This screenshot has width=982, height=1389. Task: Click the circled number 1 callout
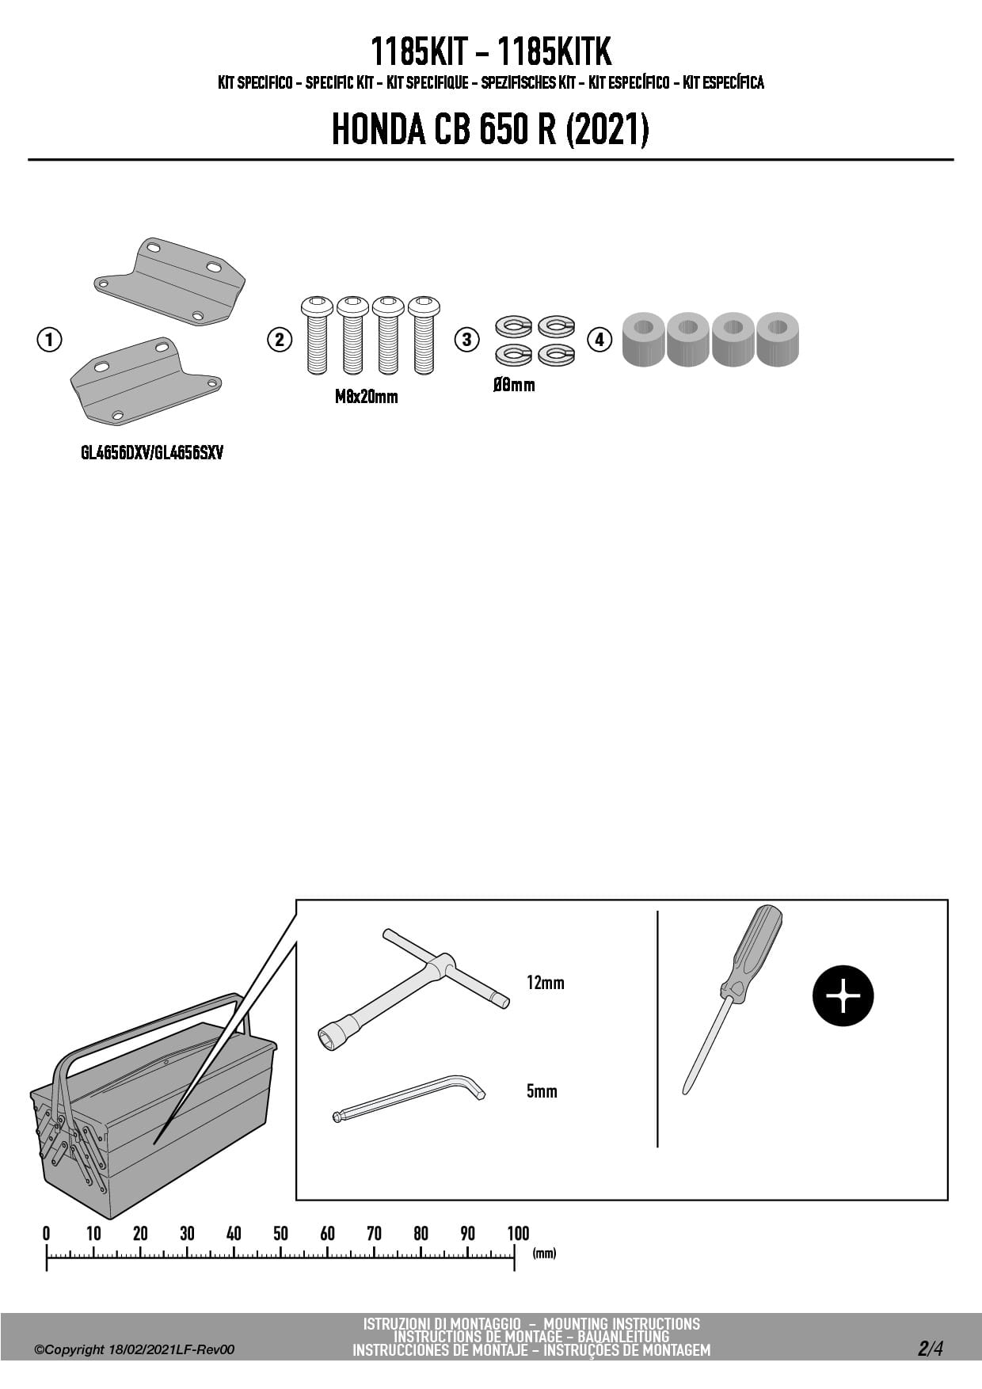[49, 340]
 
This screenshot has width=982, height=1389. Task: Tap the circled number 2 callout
[279, 340]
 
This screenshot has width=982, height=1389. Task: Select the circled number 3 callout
[466, 340]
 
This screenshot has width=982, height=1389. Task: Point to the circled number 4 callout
[599, 340]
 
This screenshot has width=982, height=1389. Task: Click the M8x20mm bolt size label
[366, 397]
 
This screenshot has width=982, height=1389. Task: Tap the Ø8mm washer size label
[514, 386]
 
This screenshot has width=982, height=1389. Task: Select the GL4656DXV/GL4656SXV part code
[152, 453]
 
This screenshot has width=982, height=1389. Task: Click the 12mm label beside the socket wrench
[546, 983]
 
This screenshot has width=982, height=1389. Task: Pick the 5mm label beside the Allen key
[542, 1091]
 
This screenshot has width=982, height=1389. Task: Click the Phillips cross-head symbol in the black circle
[843, 996]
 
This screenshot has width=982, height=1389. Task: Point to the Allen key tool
[409, 1098]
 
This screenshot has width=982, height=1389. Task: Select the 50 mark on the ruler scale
[280, 1233]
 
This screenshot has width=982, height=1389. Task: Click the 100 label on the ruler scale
[518, 1233]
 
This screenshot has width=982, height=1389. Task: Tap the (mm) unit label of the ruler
[545, 1253]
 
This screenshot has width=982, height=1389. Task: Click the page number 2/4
[931, 1349]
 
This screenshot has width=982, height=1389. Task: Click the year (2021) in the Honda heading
[607, 130]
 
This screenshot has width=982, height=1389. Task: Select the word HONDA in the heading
[379, 130]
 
